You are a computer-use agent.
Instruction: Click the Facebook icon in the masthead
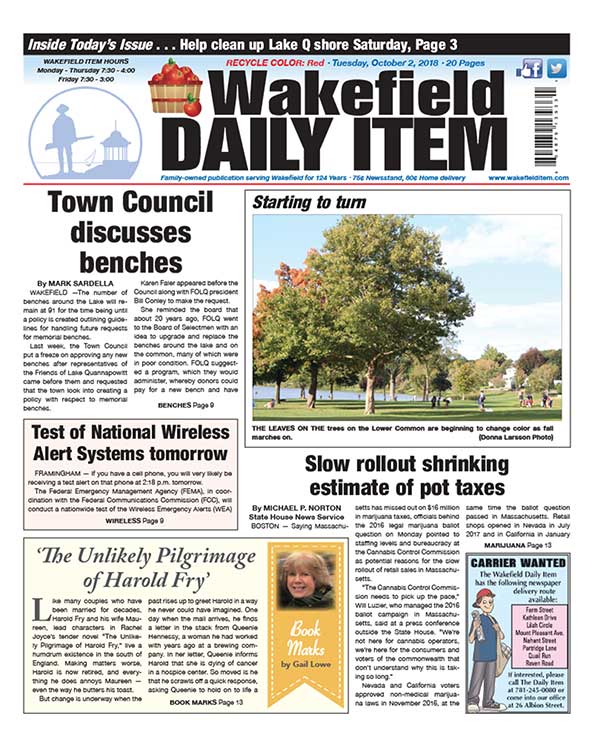pyautogui.click(x=530, y=69)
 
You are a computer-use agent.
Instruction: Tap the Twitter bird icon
pyautogui.click(x=556, y=69)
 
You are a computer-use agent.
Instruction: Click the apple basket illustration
pyautogui.click(x=175, y=89)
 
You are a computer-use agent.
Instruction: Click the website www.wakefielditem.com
pyautogui.click(x=528, y=178)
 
